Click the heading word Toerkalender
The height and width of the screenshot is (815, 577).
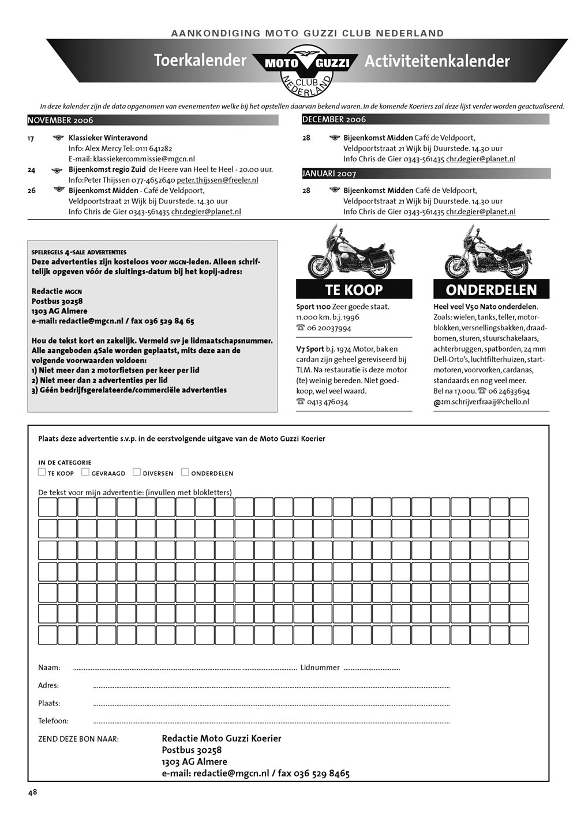(200, 60)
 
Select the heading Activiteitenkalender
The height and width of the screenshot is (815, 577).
(437, 61)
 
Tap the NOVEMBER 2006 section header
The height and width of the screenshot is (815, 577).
(61, 120)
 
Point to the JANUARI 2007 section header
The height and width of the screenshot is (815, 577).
(329, 173)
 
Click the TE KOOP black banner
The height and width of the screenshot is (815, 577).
(354, 289)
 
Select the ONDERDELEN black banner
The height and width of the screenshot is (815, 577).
(491, 289)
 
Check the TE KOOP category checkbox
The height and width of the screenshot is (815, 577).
(42, 472)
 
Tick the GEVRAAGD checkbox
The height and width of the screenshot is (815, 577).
(85, 472)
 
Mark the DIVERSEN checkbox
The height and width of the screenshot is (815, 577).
(137, 472)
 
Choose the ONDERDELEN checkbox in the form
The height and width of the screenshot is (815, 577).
(185, 472)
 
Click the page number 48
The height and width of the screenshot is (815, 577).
(32, 792)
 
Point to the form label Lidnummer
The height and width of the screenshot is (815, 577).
(320, 667)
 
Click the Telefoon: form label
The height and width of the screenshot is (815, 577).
(53, 720)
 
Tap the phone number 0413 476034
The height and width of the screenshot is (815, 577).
(328, 402)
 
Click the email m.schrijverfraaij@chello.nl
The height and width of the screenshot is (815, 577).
(486, 402)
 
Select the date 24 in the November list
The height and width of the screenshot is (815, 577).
(31, 170)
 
